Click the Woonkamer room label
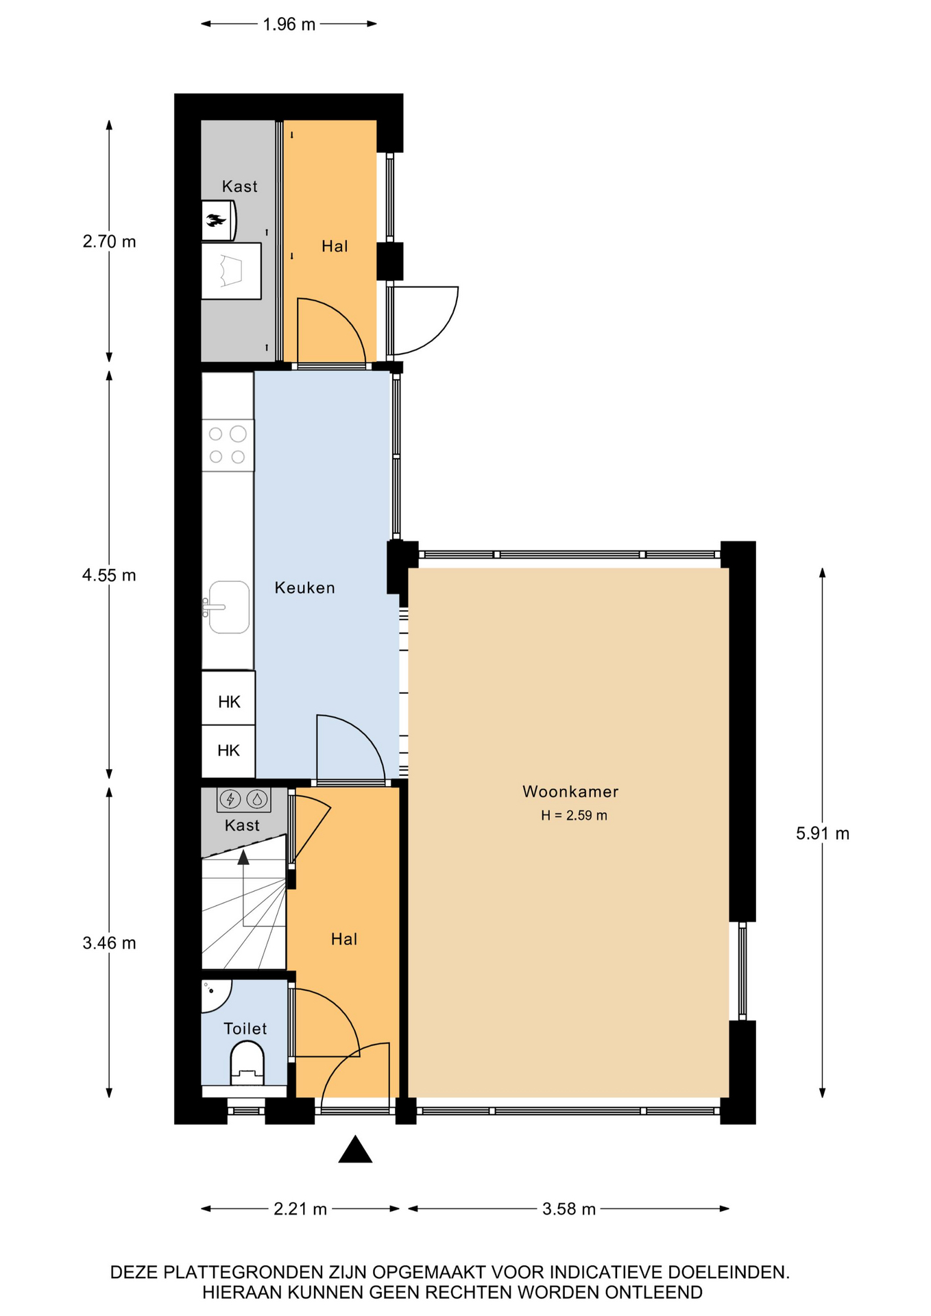(570, 792)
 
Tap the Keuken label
(304, 587)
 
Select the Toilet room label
(245, 1028)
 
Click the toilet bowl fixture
(247, 1063)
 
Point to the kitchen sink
(229, 607)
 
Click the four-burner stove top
(228, 446)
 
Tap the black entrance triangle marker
(355, 1149)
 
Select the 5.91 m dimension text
(822, 833)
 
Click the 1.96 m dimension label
(289, 25)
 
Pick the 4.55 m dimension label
(109, 575)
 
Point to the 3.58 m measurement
(569, 1209)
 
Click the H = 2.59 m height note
(574, 816)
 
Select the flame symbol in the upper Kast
(216, 220)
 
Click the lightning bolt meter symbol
(230, 799)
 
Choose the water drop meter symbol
(257, 799)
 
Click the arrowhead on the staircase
(243, 857)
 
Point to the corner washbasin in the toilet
(215, 995)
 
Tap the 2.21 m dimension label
(300, 1209)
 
